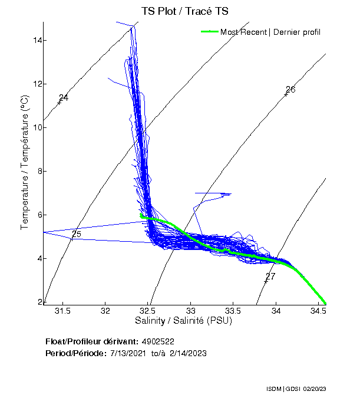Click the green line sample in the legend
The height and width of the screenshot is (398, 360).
[x=210, y=32]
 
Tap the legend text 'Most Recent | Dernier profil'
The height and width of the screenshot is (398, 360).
[x=270, y=32]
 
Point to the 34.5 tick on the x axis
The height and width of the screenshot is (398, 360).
[x=319, y=310]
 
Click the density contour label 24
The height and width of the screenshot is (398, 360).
[x=64, y=98]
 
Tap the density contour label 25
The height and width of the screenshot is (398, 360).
[x=76, y=235]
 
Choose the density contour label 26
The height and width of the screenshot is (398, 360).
[x=290, y=90]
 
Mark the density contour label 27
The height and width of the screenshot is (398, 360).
[x=270, y=277]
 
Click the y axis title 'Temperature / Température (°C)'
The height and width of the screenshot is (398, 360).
[x=25, y=163]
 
